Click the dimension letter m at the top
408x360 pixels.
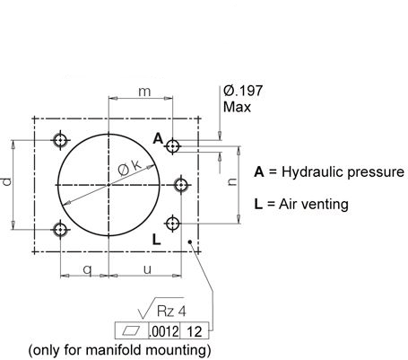click(x=144, y=92)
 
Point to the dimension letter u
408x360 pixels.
click(x=147, y=269)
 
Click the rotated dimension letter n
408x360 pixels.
click(x=231, y=181)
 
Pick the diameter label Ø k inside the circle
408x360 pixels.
click(x=129, y=168)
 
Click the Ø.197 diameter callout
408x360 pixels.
click(x=243, y=91)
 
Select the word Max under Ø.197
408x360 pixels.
click(x=237, y=107)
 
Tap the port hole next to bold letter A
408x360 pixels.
click(x=172, y=146)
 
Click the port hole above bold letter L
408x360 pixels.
click(x=172, y=224)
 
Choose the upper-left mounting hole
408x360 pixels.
click(x=61, y=140)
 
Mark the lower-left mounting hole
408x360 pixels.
click(x=61, y=230)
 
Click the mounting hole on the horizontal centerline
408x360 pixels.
click(x=181, y=185)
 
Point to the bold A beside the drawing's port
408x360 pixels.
click(x=158, y=139)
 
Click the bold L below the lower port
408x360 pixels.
click(x=157, y=240)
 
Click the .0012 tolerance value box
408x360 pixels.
click(x=164, y=331)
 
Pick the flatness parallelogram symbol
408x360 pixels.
click(x=131, y=331)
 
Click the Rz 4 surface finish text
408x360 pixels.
click(x=171, y=312)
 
